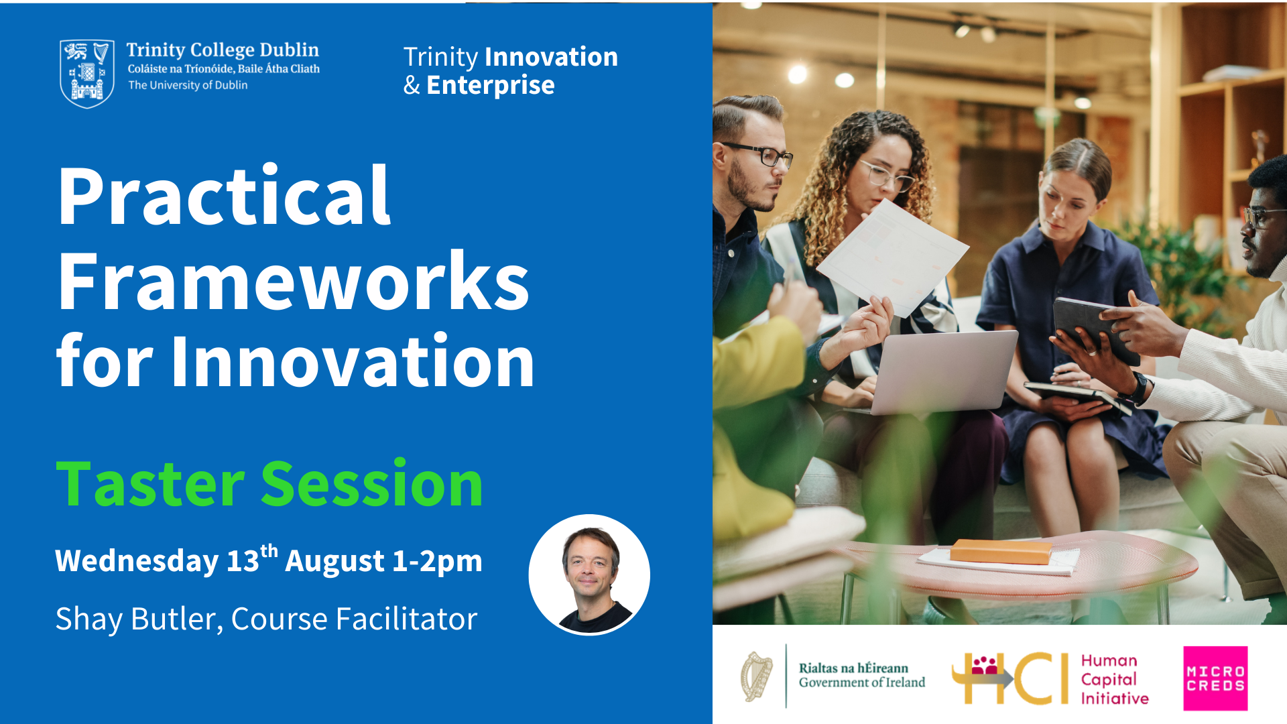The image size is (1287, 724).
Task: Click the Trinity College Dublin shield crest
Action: point(87,74)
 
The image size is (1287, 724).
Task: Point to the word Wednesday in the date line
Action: point(137,560)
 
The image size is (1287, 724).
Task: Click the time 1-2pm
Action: point(437,561)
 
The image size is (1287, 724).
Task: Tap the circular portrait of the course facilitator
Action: point(589,575)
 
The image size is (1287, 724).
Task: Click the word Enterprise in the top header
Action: point(491,85)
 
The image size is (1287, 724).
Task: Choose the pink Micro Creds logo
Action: point(1215,678)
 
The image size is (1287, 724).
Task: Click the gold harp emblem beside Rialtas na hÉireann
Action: point(756,677)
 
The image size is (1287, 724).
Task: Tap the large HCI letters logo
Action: point(1010,678)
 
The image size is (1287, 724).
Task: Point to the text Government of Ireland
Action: point(862,682)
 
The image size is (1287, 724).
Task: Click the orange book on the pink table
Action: point(1001,552)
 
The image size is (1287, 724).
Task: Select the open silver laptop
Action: point(943,372)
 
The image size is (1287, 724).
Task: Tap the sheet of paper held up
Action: point(892,257)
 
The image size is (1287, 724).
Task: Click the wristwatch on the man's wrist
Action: point(1139,387)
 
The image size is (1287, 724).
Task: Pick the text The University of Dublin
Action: point(188,85)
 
